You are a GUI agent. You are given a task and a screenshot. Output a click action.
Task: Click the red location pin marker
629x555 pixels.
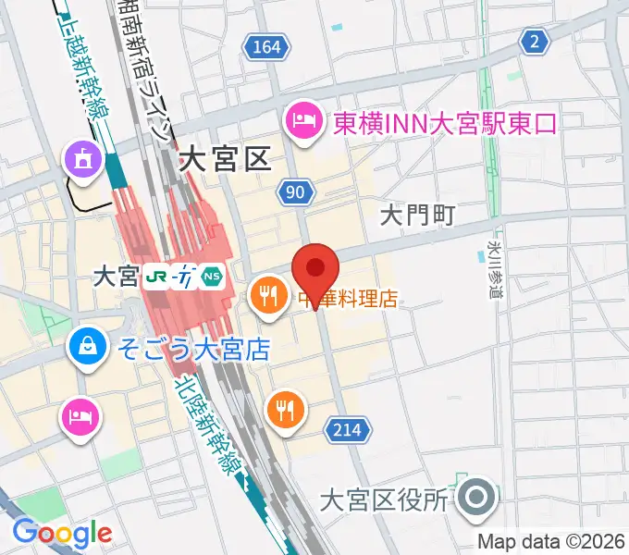(316, 268)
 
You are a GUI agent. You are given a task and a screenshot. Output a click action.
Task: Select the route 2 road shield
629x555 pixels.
(533, 40)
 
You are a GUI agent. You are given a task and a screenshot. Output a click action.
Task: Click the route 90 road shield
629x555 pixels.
(294, 191)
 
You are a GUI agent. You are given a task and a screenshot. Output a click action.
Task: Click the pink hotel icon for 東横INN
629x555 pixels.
(302, 120)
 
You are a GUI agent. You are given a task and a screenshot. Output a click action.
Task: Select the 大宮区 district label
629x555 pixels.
(224, 160)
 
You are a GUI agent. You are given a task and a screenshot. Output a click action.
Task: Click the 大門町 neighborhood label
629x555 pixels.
(418, 216)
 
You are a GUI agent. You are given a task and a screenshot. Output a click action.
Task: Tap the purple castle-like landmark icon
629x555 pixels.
(80, 158)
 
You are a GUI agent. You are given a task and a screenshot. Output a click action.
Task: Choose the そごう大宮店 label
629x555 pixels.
(192, 350)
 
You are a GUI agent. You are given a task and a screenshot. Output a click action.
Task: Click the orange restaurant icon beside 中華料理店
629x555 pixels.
(269, 297)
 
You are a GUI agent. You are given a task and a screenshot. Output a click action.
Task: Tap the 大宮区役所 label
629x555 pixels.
(384, 500)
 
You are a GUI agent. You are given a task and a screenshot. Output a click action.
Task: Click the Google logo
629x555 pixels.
(62, 533)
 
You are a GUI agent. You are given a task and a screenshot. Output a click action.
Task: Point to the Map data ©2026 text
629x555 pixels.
(550, 541)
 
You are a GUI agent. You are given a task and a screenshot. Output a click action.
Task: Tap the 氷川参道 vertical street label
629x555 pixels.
(492, 264)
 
